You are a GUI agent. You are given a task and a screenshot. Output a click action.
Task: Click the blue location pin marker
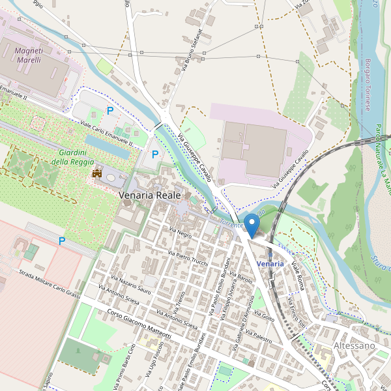coord(251,224)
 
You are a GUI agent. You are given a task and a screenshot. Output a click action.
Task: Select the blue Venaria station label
coord(270,264)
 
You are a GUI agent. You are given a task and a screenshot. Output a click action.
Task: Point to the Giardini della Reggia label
coord(72,157)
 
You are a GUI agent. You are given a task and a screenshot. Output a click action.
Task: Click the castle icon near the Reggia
coord(97,173)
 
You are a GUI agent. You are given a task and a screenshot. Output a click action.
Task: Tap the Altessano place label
coord(355,345)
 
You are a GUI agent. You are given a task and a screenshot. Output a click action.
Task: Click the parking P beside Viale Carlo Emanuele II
coord(110,111)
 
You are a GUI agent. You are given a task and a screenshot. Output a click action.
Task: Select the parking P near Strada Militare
coord(62,241)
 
